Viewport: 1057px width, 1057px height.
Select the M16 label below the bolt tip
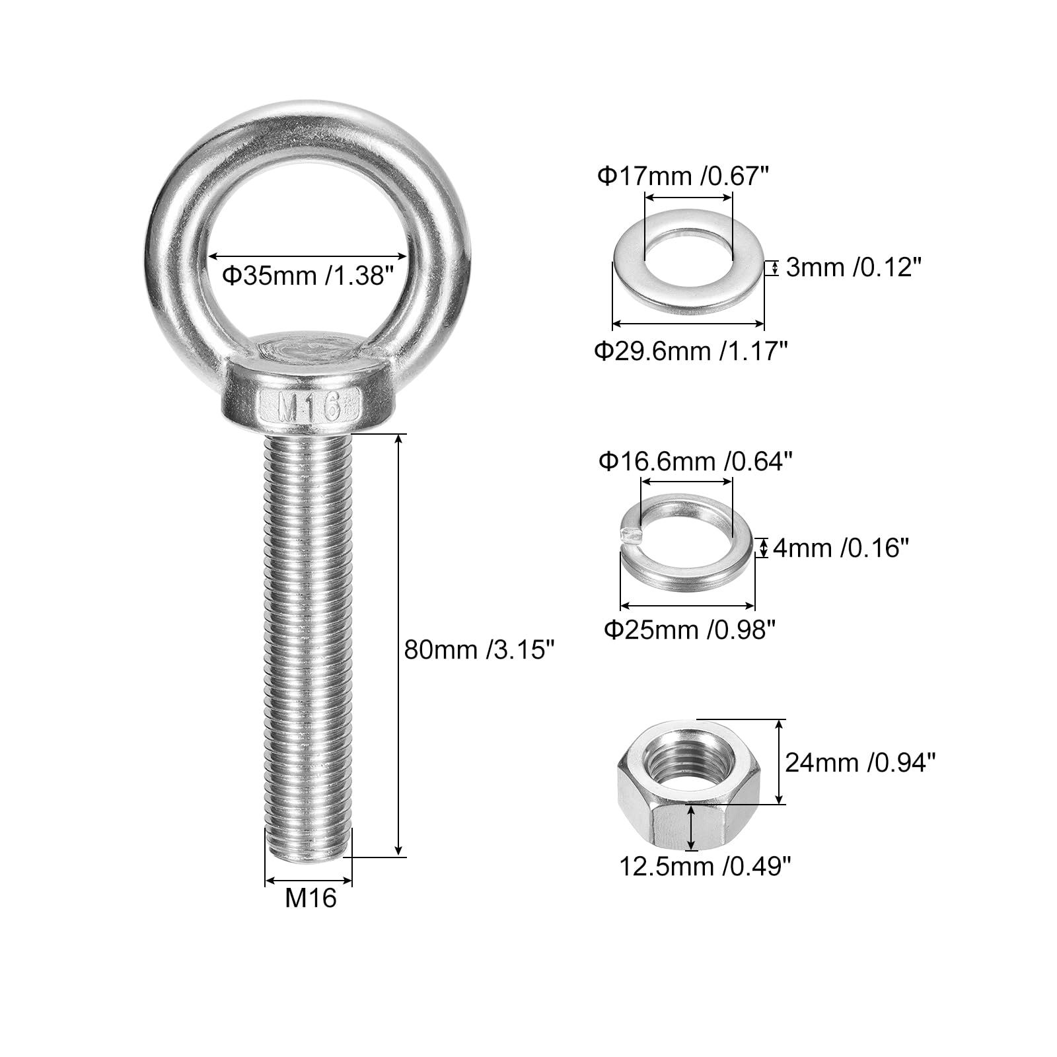click(x=310, y=898)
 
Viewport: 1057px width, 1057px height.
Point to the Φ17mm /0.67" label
click(x=684, y=176)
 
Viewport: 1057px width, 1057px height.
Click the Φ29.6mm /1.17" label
click(x=691, y=350)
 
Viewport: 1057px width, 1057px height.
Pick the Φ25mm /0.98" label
click(x=689, y=630)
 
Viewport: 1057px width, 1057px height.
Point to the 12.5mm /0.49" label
click(x=704, y=865)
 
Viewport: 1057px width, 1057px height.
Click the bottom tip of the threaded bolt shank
click(x=308, y=857)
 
